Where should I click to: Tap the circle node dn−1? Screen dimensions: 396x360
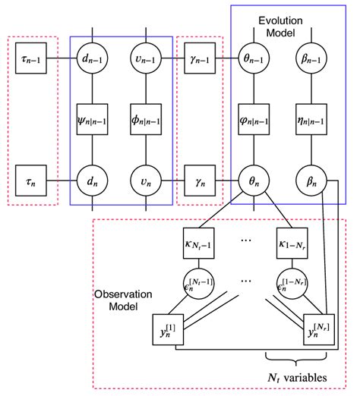[93, 58]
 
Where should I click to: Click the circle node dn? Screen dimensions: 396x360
[93, 183]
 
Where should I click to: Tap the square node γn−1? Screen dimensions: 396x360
[200, 58]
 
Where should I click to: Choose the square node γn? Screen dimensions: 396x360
[200, 183]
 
